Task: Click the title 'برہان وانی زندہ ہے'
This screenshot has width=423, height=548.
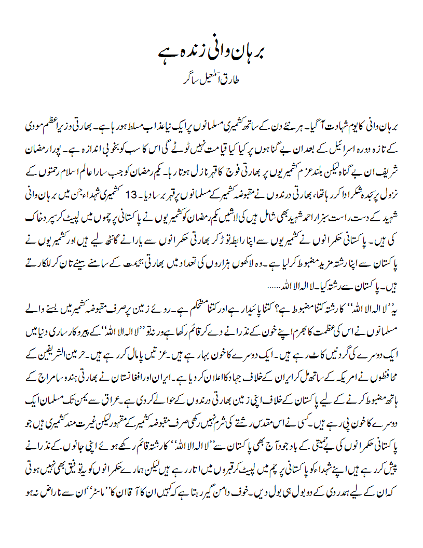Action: (x=211, y=54)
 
